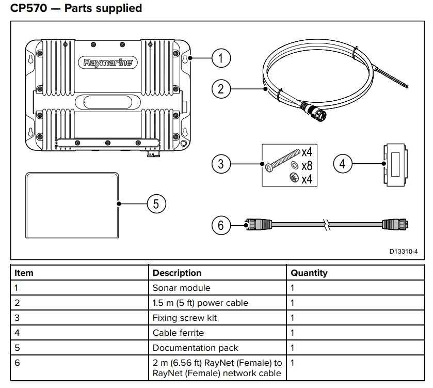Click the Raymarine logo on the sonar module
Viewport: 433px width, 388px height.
tap(108, 63)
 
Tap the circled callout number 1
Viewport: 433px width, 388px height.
tap(221, 58)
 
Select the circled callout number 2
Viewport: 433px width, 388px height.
tap(221, 89)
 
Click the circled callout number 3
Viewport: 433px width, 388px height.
tap(221, 164)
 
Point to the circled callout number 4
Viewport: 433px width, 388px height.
tap(343, 164)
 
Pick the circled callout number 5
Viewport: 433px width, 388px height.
tap(156, 204)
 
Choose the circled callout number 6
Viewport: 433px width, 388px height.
tap(221, 225)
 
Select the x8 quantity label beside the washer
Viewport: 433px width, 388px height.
tap(307, 165)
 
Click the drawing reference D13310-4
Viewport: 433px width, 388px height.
tap(403, 252)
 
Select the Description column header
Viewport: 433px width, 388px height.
tap(177, 273)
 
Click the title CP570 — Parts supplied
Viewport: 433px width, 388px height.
tap(76, 8)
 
